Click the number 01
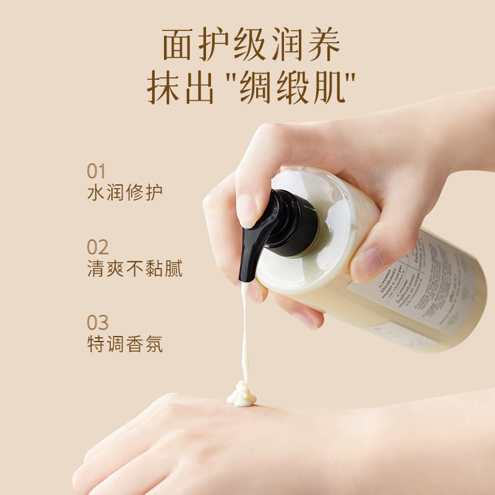coord(97,171)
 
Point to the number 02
coord(98,247)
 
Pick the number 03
coord(98,323)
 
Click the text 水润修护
coord(125,192)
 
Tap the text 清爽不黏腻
coord(134,268)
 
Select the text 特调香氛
coord(125,343)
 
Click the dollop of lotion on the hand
coord(241,394)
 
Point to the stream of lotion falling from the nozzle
coord(244,334)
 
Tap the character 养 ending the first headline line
coord(322,45)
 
